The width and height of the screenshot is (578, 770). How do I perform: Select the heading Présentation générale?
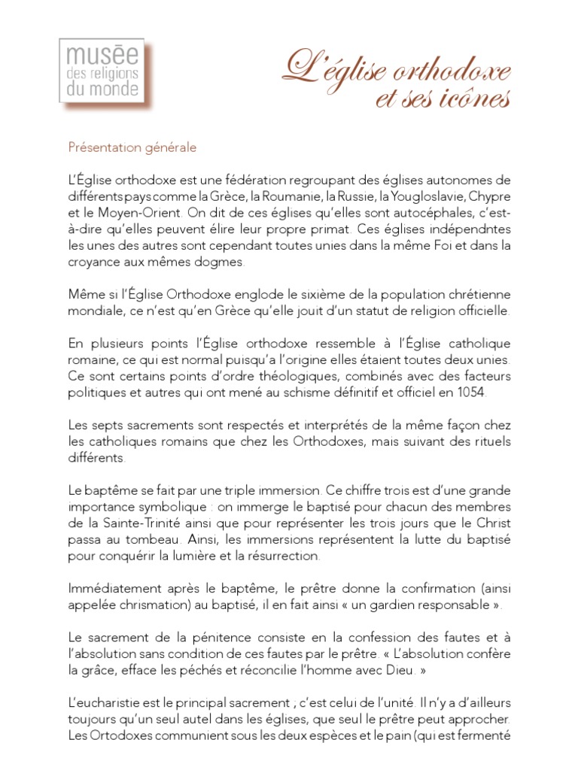[132, 147]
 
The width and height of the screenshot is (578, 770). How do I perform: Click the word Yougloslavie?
[420, 196]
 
